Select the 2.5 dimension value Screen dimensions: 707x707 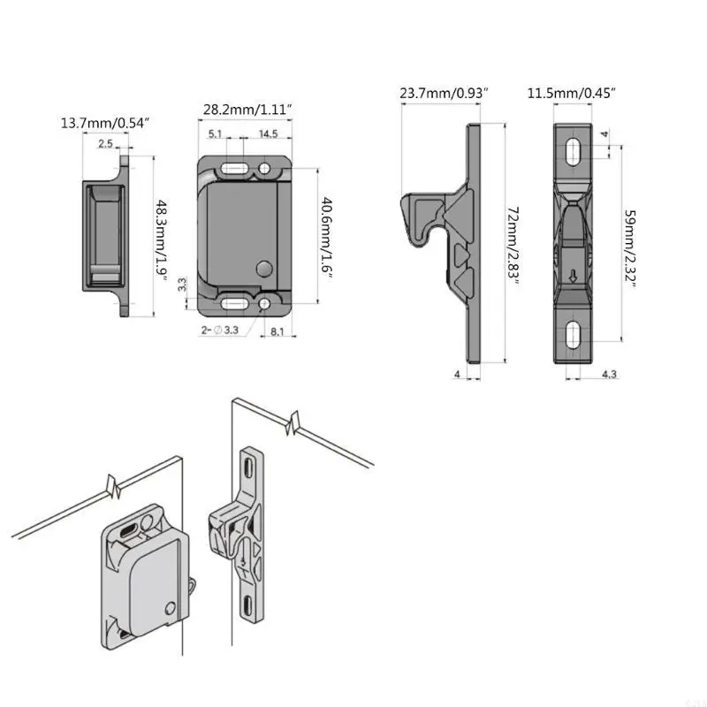click(x=105, y=143)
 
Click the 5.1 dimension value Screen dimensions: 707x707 click(x=216, y=134)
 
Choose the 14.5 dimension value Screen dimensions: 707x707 click(x=269, y=134)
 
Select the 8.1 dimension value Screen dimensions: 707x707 click(x=276, y=331)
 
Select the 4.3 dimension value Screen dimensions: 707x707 click(x=609, y=375)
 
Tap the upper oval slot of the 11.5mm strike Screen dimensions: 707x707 click(x=573, y=151)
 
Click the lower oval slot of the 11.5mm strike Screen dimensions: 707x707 click(x=573, y=334)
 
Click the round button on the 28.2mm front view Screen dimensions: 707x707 click(x=262, y=267)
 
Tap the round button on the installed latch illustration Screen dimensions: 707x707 click(x=170, y=605)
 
